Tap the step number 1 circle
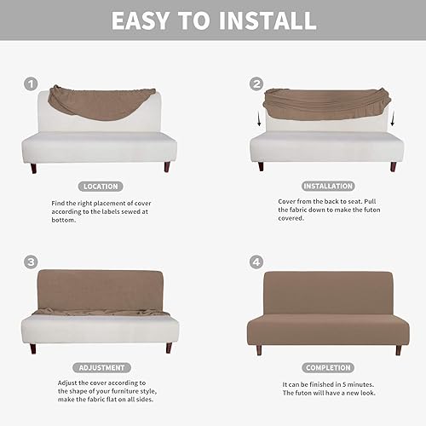(31, 83)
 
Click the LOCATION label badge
(100, 185)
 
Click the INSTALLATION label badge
(327, 185)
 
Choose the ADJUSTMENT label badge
(100, 367)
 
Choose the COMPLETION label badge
(327, 367)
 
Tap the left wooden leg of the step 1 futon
(33, 167)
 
